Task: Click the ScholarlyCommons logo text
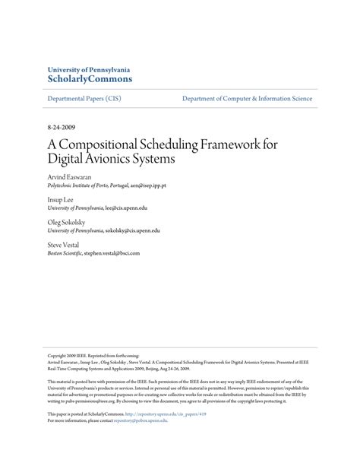(x=90, y=78)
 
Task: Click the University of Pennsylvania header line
(x=90, y=68)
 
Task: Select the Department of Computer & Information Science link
(x=247, y=99)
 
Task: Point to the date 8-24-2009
(x=61, y=129)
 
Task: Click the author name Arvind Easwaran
(x=70, y=176)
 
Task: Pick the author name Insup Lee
(x=61, y=199)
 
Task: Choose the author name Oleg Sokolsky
(x=67, y=223)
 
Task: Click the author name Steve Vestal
(x=63, y=246)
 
